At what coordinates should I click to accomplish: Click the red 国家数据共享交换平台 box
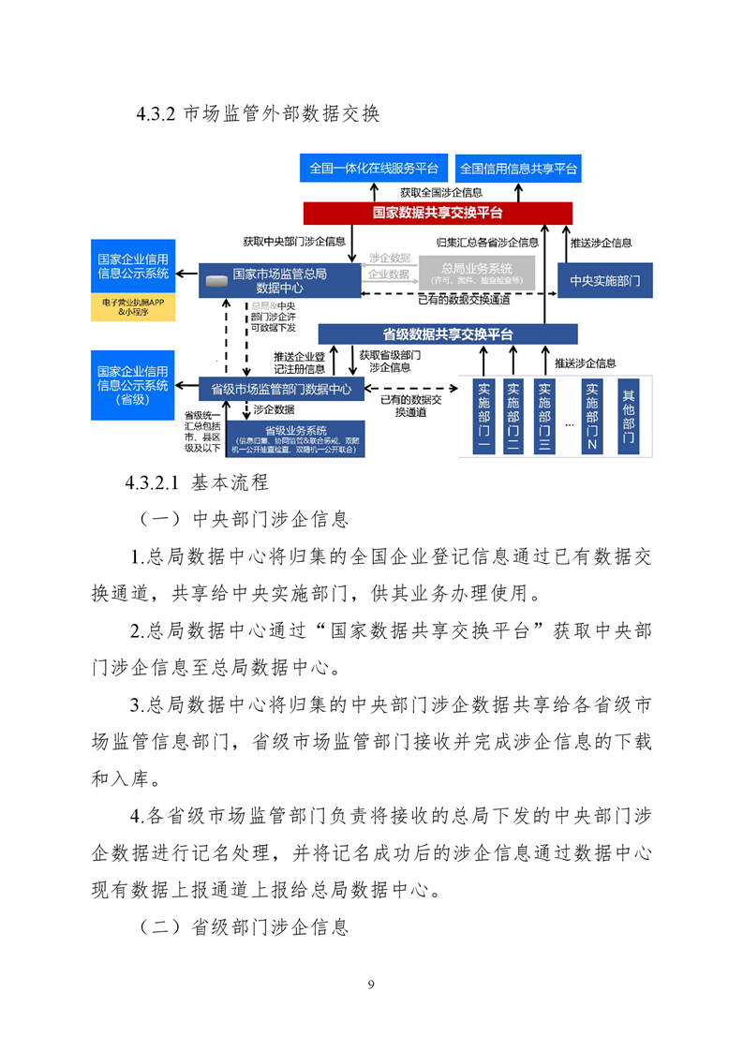[438, 213]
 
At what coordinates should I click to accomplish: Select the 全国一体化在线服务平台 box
[374, 169]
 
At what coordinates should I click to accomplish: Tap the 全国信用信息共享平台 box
[518, 169]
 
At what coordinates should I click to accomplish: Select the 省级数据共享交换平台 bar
[448, 333]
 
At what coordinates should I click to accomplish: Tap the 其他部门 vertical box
[628, 417]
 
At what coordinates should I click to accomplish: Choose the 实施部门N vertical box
[591, 417]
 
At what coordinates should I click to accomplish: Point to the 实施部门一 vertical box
[484, 417]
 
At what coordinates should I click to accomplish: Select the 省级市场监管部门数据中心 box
[281, 389]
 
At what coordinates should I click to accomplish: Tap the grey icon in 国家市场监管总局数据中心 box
[217, 280]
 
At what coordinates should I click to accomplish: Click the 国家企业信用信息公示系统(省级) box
[133, 385]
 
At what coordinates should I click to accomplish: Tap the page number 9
[372, 984]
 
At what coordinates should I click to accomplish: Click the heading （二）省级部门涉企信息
[244, 927]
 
